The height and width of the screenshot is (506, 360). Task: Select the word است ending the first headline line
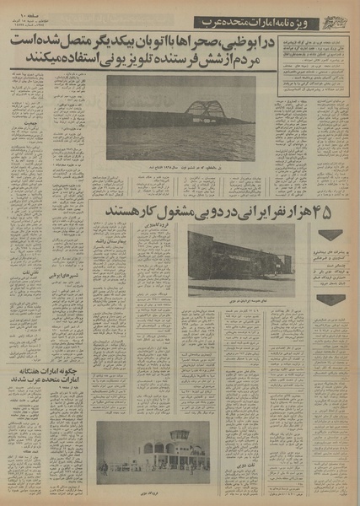[x=15, y=42]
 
